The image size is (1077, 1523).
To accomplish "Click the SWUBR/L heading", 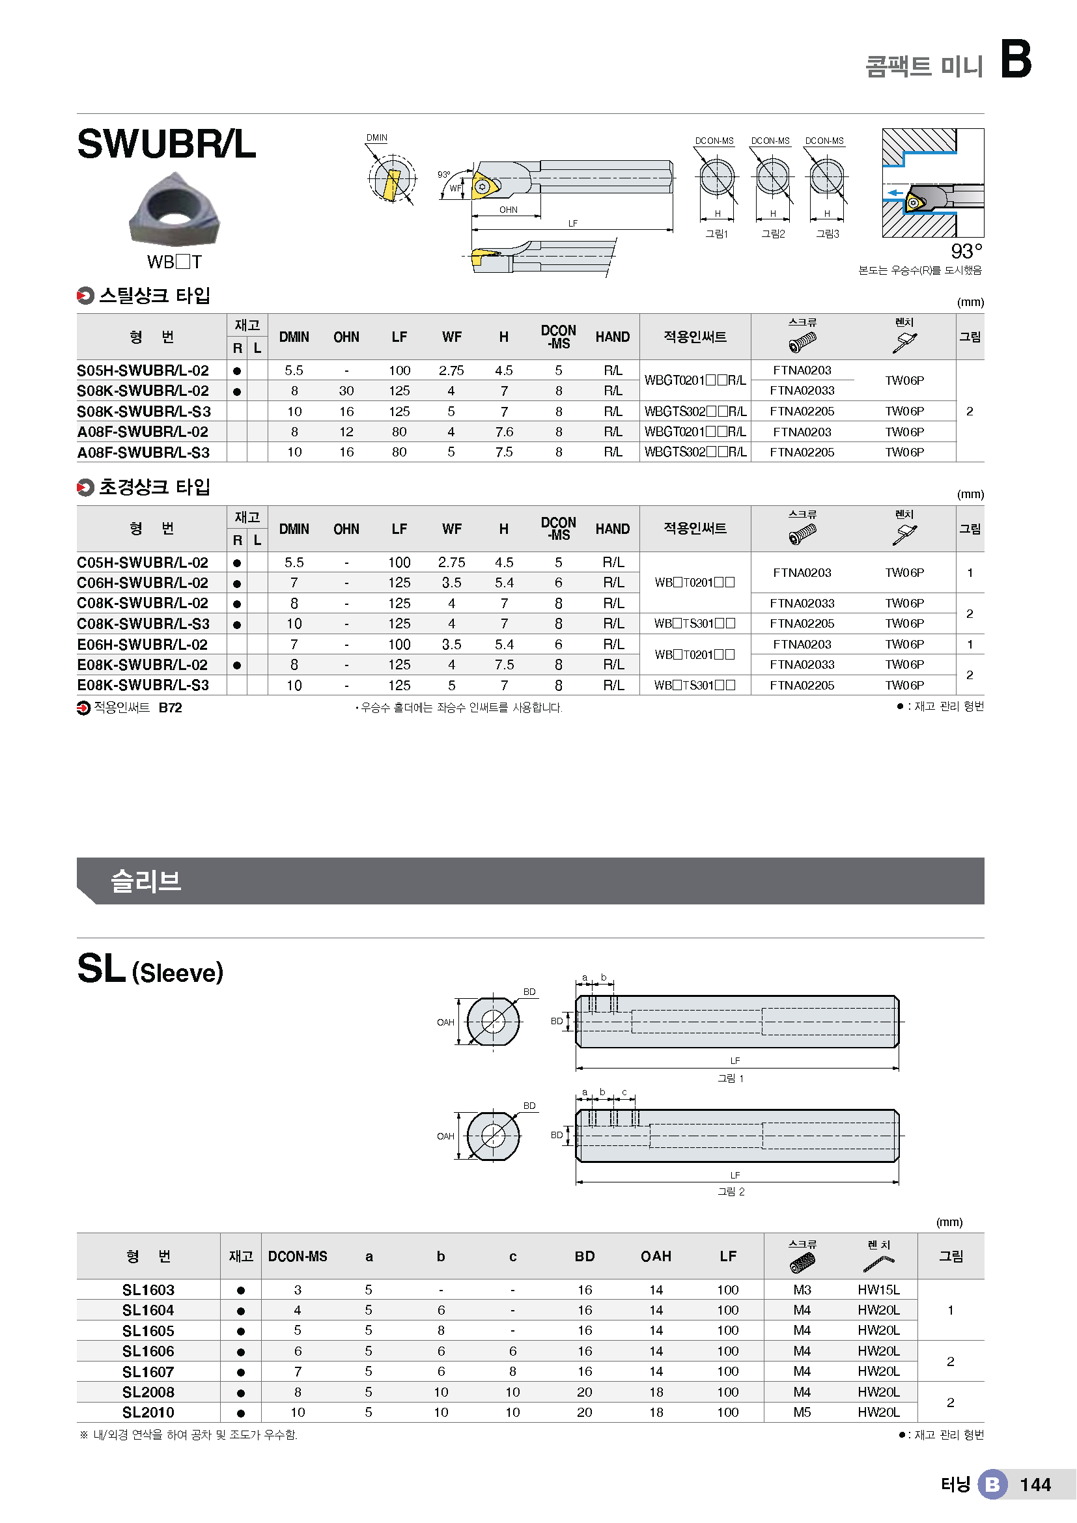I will click(167, 144).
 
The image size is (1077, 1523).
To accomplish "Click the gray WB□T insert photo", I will click(174, 209).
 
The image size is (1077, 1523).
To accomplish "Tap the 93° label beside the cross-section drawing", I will click(966, 251).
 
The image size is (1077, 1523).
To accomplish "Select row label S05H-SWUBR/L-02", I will click(143, 370).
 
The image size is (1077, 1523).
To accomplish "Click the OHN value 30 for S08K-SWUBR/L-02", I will click(346, 391).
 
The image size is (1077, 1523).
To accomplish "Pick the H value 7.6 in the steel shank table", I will click(504, 432).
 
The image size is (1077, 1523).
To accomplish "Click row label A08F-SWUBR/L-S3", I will click(143, 453).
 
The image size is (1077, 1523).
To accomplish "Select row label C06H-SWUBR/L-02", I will click(143, 582).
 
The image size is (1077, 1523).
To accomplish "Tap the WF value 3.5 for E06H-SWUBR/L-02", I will click(451, 644).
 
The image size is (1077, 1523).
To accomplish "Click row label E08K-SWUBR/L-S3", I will click(143, 685).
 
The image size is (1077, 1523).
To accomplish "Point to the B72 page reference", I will click(171, 708).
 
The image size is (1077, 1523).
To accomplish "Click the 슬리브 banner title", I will click(146, 881).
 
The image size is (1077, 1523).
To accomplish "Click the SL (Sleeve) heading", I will click(150, 970).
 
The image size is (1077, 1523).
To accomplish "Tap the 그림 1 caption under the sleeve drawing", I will click(731, 1078).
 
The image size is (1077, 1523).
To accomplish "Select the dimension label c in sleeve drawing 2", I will click(624, 1093).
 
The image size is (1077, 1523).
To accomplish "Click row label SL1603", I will click(148, 1290).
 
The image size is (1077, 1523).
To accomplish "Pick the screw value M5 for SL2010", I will click(802, 1413).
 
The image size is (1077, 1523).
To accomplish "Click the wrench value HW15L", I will click(878, 1290).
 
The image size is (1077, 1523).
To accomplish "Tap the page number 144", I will click(1035, 1485).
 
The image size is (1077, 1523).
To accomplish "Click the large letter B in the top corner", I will click(1015, 59).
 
